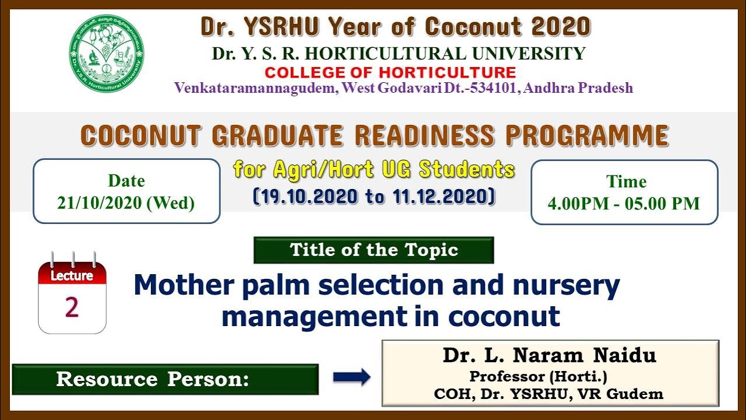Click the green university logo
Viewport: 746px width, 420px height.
[107, 54]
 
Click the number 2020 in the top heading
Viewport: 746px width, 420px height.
[561, 27]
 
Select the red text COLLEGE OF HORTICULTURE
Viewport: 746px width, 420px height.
[390, 72]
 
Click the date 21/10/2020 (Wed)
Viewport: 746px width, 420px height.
[126, 202]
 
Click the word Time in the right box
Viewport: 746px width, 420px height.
[626, 181]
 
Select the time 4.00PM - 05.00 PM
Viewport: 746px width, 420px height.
[624, 203]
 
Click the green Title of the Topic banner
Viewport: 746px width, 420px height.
[374, 250]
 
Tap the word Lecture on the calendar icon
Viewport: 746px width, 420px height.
[72, 276]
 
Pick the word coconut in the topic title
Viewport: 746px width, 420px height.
[504, 316]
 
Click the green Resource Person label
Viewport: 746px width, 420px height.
[165, 379]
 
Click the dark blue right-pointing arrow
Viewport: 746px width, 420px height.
[351, 377]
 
